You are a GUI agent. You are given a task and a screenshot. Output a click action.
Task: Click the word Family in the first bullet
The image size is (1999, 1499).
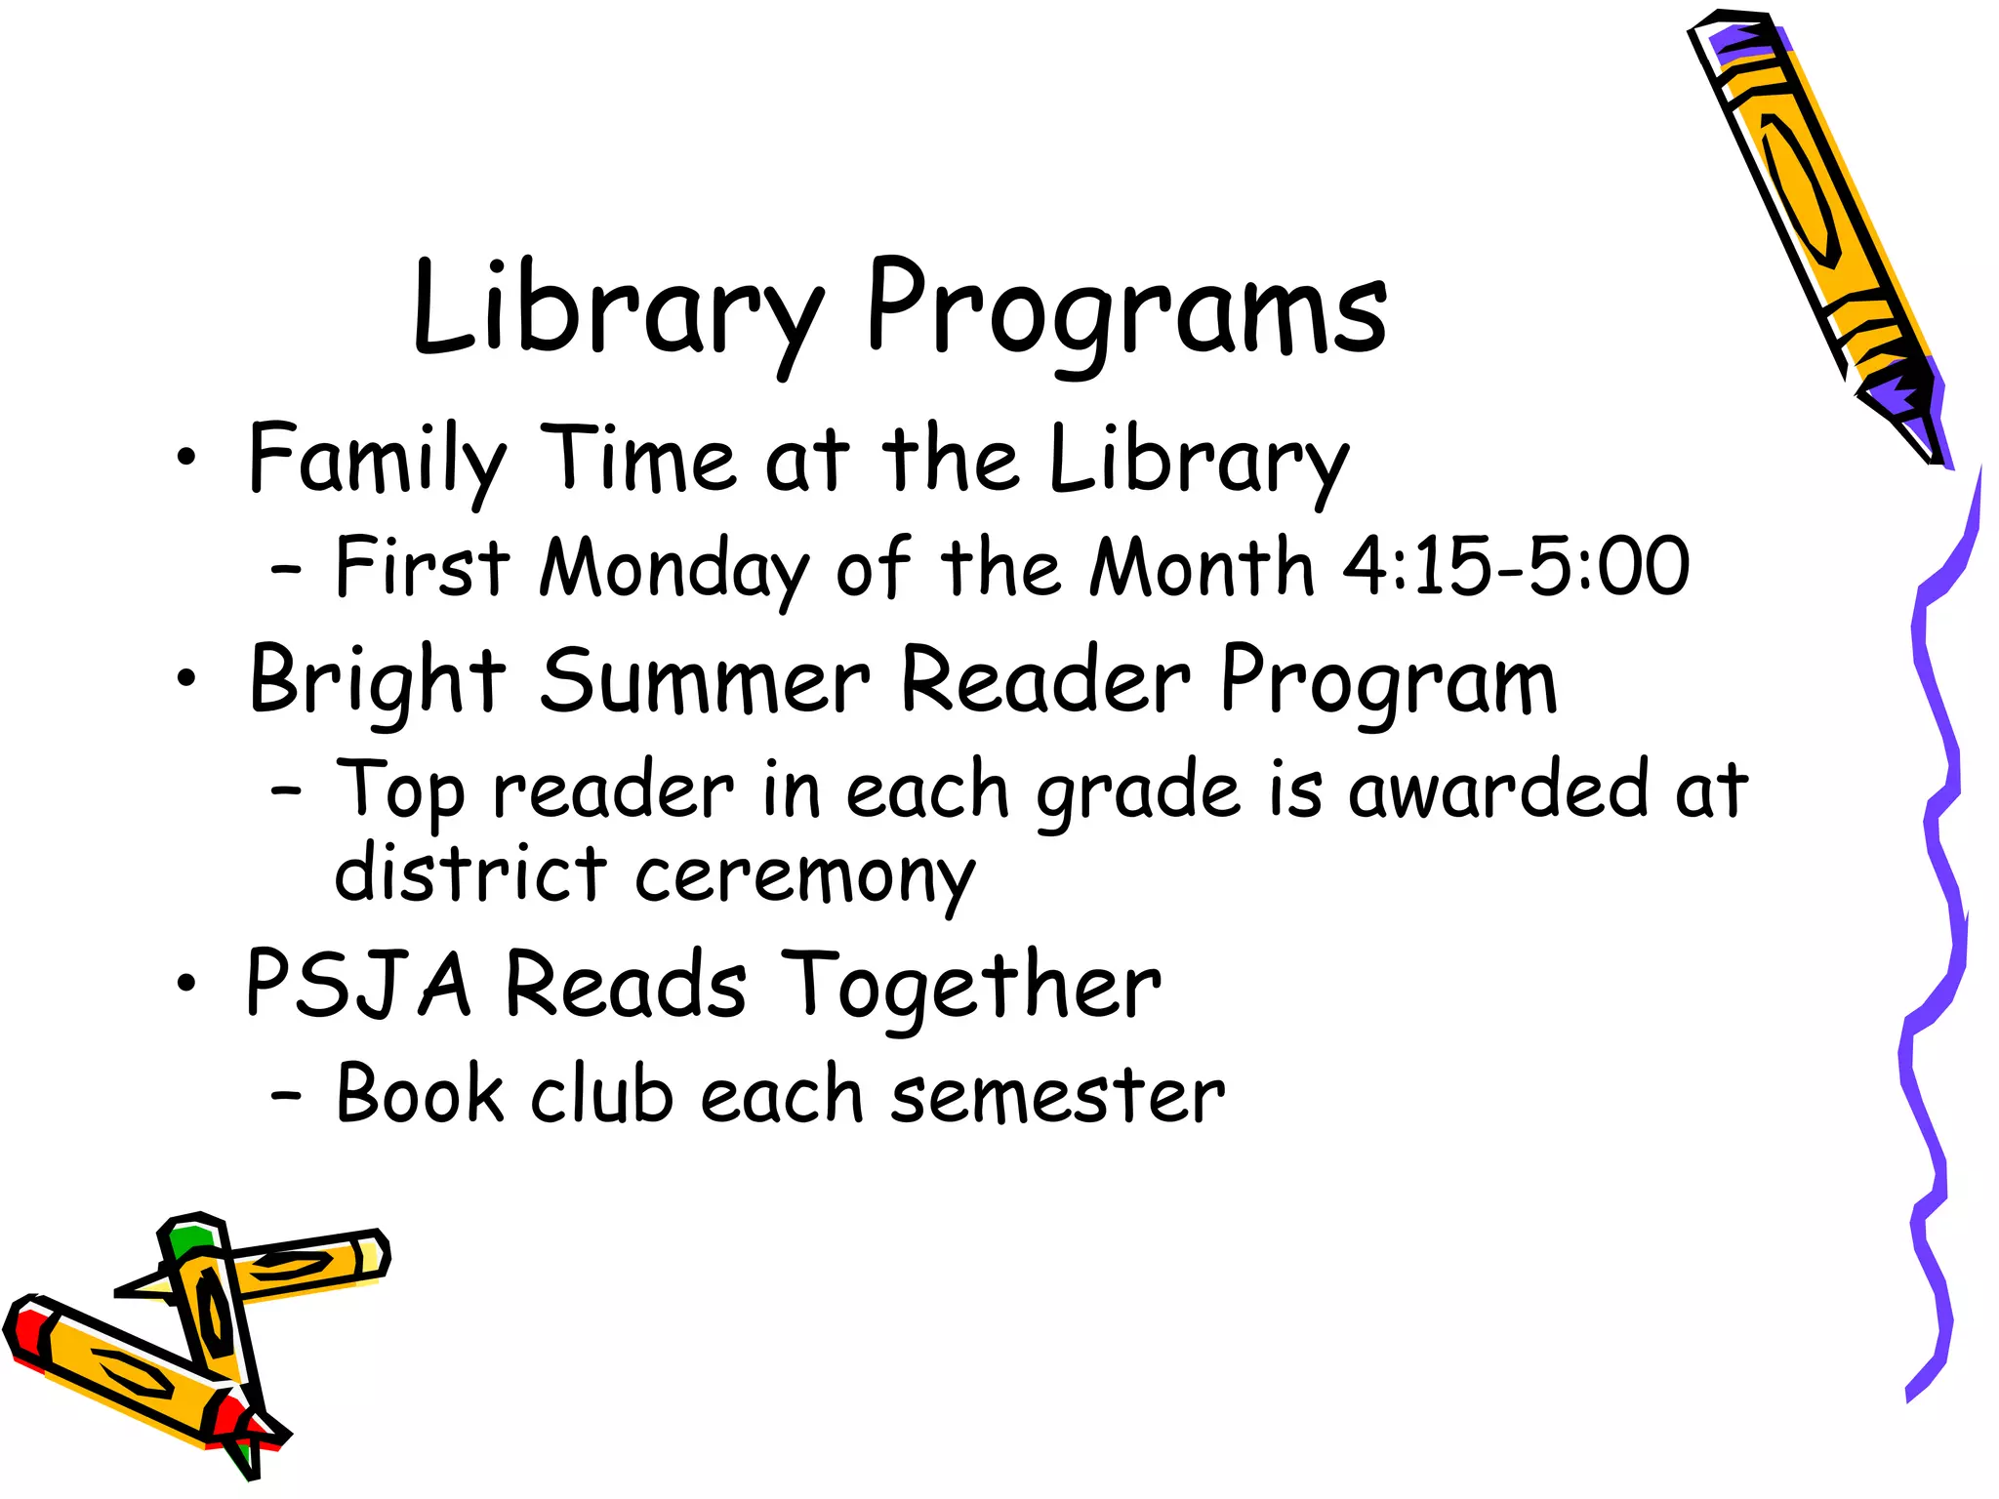(377, 459)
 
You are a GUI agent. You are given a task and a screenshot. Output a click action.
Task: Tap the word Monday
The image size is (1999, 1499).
(673, 568)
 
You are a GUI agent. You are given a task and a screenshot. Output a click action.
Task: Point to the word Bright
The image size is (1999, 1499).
(377, 680)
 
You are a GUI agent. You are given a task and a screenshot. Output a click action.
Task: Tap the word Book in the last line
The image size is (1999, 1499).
(420, 1094)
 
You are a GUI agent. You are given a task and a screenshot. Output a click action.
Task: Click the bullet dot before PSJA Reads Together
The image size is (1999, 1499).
(185, 985)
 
